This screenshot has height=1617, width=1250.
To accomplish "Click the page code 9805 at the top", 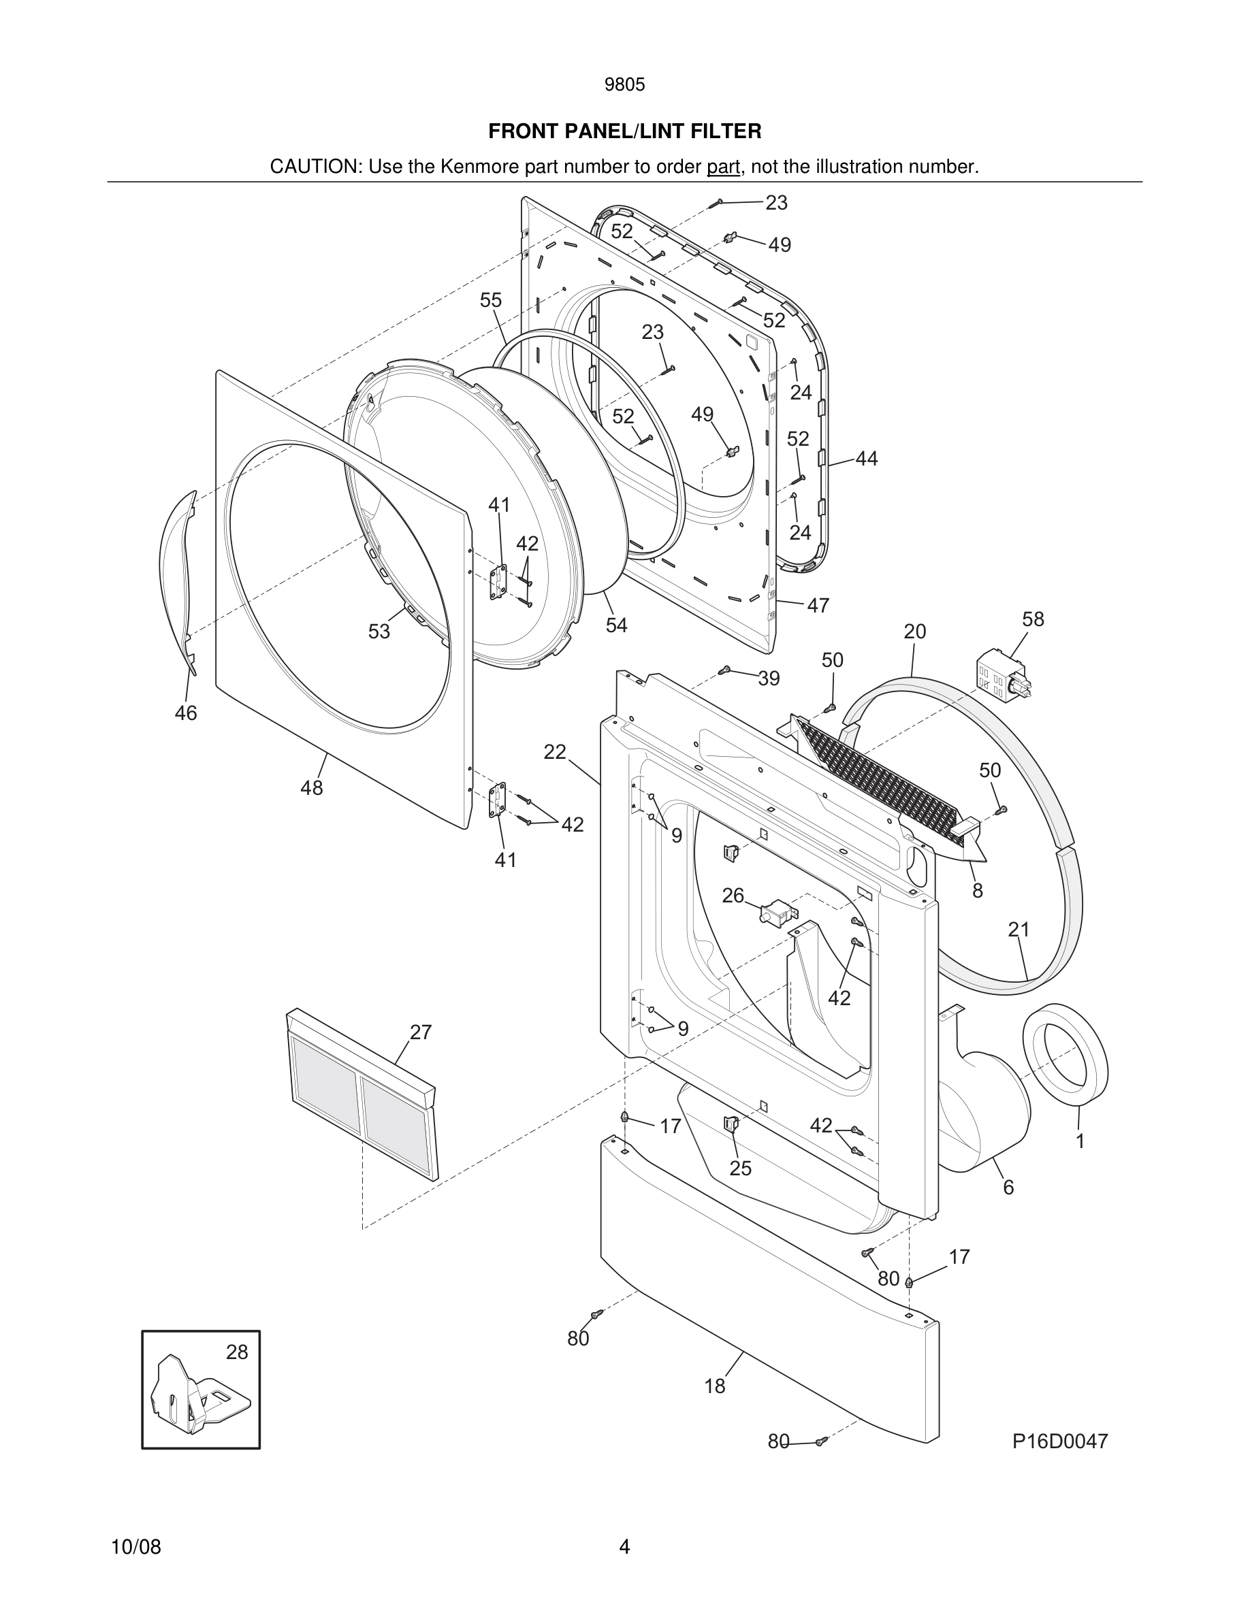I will click(x=624, y=85).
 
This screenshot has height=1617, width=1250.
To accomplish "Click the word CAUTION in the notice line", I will click(x=314, y=167).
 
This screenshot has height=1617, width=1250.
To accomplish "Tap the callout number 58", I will click(x=1032, y=619).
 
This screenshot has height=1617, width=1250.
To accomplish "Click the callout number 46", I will click(x=186, y=713).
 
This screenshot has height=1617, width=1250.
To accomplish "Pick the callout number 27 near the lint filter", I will click(x=421, y=1032).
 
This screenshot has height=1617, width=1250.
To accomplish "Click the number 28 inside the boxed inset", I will click(x=237, y=1352).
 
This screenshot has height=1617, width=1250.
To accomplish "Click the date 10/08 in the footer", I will click(x=135, y=1547).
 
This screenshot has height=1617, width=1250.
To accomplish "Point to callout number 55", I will click(x=490, y=300).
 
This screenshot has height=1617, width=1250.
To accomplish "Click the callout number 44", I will click(x=867, y=459).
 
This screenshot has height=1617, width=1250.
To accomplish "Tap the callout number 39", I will click(x=769, y=679).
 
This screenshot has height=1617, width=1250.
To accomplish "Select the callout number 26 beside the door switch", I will click(x=733, y=896).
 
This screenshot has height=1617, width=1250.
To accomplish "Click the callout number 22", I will click(x=555, y=752).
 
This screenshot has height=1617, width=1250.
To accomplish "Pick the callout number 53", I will click(x=379, y=632).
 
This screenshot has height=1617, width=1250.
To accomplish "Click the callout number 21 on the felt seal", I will click(x=1019, y=929).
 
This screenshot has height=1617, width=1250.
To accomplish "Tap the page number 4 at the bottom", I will click(x=624, y=1547).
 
